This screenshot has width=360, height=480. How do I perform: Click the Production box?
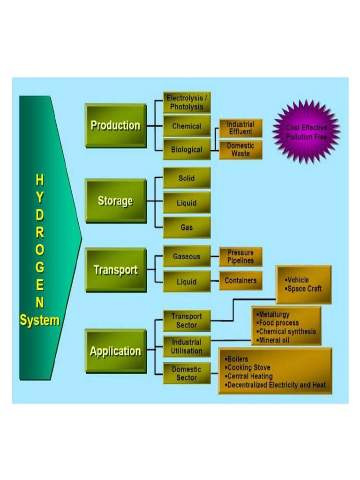tap(115, 126)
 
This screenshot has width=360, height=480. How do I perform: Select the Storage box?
tap(115, 201)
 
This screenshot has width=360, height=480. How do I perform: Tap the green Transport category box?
tap(115, 270)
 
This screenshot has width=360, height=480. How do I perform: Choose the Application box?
tap(115, 351)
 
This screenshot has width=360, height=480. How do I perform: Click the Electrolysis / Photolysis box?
tap(187, 103)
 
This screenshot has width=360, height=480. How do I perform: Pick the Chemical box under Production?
tap(187, 126)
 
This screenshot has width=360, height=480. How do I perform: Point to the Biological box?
tap(187, 150)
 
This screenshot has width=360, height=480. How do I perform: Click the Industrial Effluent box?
tap(240, 128)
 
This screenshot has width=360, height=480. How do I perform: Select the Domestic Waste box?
tap(240, 150)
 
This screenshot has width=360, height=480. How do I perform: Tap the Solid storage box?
tap(187, 179)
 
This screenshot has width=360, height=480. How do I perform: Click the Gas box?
tap(187, 227)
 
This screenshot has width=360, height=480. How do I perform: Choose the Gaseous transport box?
tap(187, 257)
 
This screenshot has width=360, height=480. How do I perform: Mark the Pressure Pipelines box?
tap(240, 257)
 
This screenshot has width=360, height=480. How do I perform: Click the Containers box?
tap(240, 281)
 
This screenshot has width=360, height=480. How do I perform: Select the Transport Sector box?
tap(187, 321)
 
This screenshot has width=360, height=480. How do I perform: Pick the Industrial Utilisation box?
tap(187, 346)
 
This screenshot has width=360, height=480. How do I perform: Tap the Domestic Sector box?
tap(187, 373)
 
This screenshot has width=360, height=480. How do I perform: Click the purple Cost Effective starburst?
tap(307, 132)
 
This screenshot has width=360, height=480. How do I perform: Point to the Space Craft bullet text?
tap(304, 289)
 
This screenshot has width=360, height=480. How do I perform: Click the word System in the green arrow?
tap(39, 321)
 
